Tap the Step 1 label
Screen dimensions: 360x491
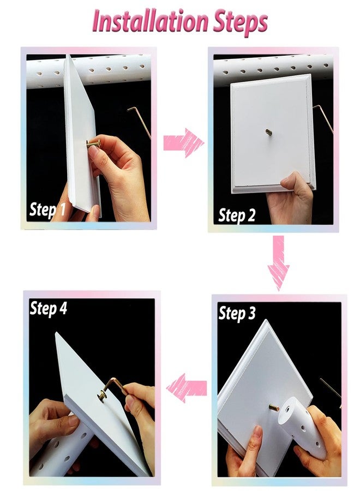point(47,209)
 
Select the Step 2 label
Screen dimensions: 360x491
point(237,215)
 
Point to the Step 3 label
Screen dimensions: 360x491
point(237,314)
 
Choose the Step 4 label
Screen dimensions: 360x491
point(48,308)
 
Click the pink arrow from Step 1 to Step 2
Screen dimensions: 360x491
point(183,142)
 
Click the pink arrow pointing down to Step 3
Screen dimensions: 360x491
point(278,262)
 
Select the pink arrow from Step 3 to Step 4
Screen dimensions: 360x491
point(187,388)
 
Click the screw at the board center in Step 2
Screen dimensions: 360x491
point(268,132)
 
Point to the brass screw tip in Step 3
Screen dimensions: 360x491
point(274,408)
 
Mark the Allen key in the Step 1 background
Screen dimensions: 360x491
point(139,122)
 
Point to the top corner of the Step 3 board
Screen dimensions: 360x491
point(266,320)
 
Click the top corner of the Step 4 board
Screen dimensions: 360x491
point(56,333)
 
